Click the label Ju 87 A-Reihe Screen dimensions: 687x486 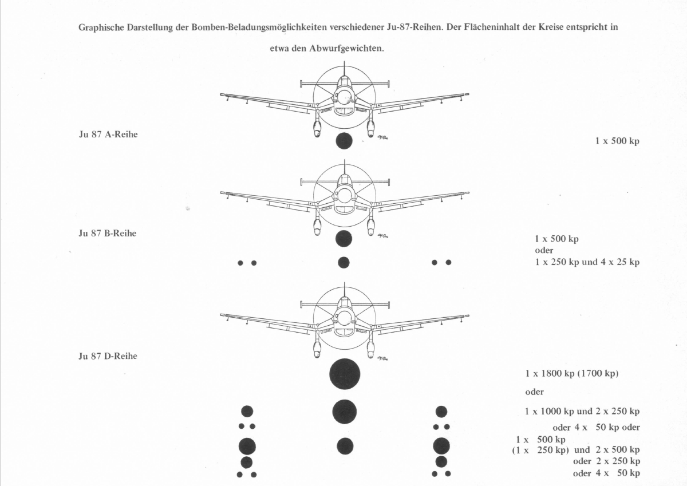point(108,135)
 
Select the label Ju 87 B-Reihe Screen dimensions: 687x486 point(108,234)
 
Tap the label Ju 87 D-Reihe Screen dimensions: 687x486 point(108,356)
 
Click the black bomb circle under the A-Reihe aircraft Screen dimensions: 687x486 point(344,141)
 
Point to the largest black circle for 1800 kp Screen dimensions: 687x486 point(345,374)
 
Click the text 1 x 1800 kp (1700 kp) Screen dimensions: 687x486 point(572,373)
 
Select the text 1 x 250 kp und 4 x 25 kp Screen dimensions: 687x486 point(587,262)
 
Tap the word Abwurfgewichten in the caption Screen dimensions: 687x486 point(346,49)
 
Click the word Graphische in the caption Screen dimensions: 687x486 point(101,27)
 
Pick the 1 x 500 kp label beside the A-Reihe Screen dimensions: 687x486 point(617,141)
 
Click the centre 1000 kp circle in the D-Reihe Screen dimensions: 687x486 point(345,412)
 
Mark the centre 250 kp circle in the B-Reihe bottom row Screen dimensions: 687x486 point(343,263)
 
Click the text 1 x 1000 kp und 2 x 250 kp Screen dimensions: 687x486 point(582,411)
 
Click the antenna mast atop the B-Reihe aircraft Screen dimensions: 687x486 point(345,167)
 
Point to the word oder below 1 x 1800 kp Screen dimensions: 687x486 point(534,392)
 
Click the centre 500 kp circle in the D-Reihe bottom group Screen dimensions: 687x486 point(345,446)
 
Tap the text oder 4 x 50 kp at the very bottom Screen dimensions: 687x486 point(606,473)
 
